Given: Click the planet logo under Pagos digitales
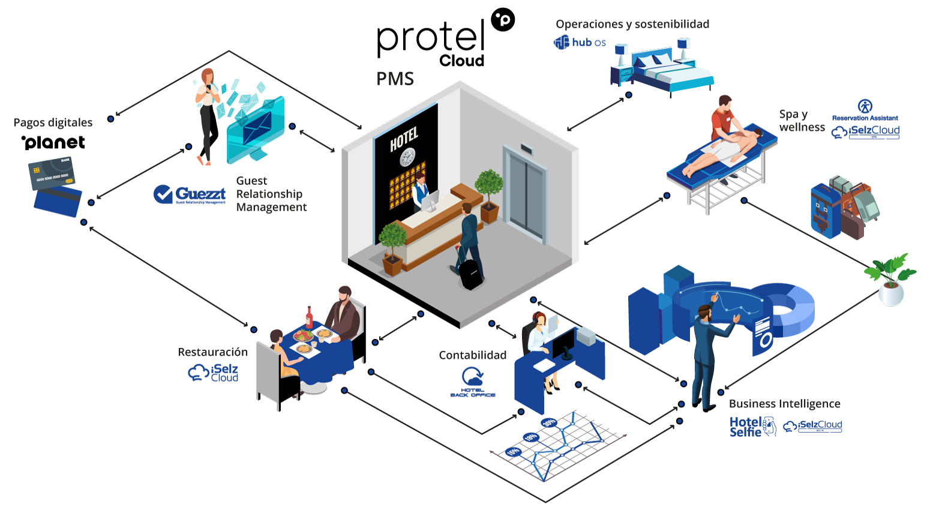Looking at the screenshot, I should click(x=53, y=142).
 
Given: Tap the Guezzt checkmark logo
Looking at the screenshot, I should click(x=163, y=194).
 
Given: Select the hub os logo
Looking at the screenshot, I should click(x=580, y=42).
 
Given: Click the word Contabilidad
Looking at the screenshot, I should click(x=472, y=355).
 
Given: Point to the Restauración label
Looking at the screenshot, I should click(x=212, y=352).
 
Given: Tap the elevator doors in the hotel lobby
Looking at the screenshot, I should click(x=526, y=195).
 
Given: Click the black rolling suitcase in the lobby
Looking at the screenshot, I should click(x=470, y=273).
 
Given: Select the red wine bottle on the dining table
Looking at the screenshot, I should click(x=309, y=317).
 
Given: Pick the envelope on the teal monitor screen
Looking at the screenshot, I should click(x=257, y=128).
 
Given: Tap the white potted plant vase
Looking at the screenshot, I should click(x=891, y=294).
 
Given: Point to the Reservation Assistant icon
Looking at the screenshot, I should click(x=865, y=107).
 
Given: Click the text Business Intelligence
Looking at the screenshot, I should click(x=784, y=404).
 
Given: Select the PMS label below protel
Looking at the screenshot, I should click(x=395, y=79).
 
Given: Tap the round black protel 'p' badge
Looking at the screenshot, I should click(x=503, y=20).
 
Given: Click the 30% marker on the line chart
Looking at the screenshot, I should click(x=548, y=422).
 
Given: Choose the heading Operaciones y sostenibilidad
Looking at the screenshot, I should click(x=632, y=24).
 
